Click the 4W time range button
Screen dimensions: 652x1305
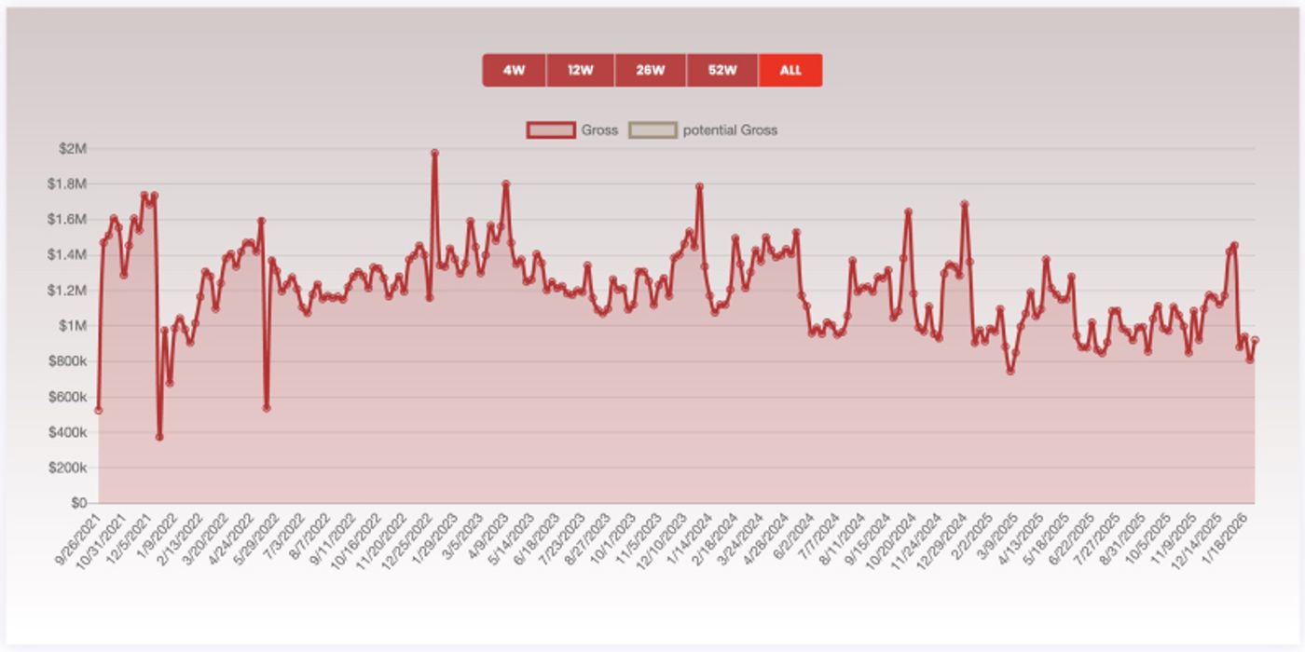(x=514, y=70)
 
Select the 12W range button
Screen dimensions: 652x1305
(x=580, y=70)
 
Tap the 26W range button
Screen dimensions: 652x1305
(x=650, y=70)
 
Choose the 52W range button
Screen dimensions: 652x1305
(x=721, y=70)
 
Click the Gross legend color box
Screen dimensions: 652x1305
(x=551, y=130)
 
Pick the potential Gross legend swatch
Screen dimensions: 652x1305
(x=652, y=130)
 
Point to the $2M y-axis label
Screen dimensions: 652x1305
(x=72, y=149)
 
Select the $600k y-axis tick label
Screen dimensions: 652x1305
(x=67, y=397)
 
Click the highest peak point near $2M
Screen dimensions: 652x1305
(x=434, y=153)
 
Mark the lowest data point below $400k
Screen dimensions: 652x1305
(x=159, y=437)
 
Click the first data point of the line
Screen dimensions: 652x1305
(x=98, y=411)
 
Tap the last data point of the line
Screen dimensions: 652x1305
(x=1255, y=340)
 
